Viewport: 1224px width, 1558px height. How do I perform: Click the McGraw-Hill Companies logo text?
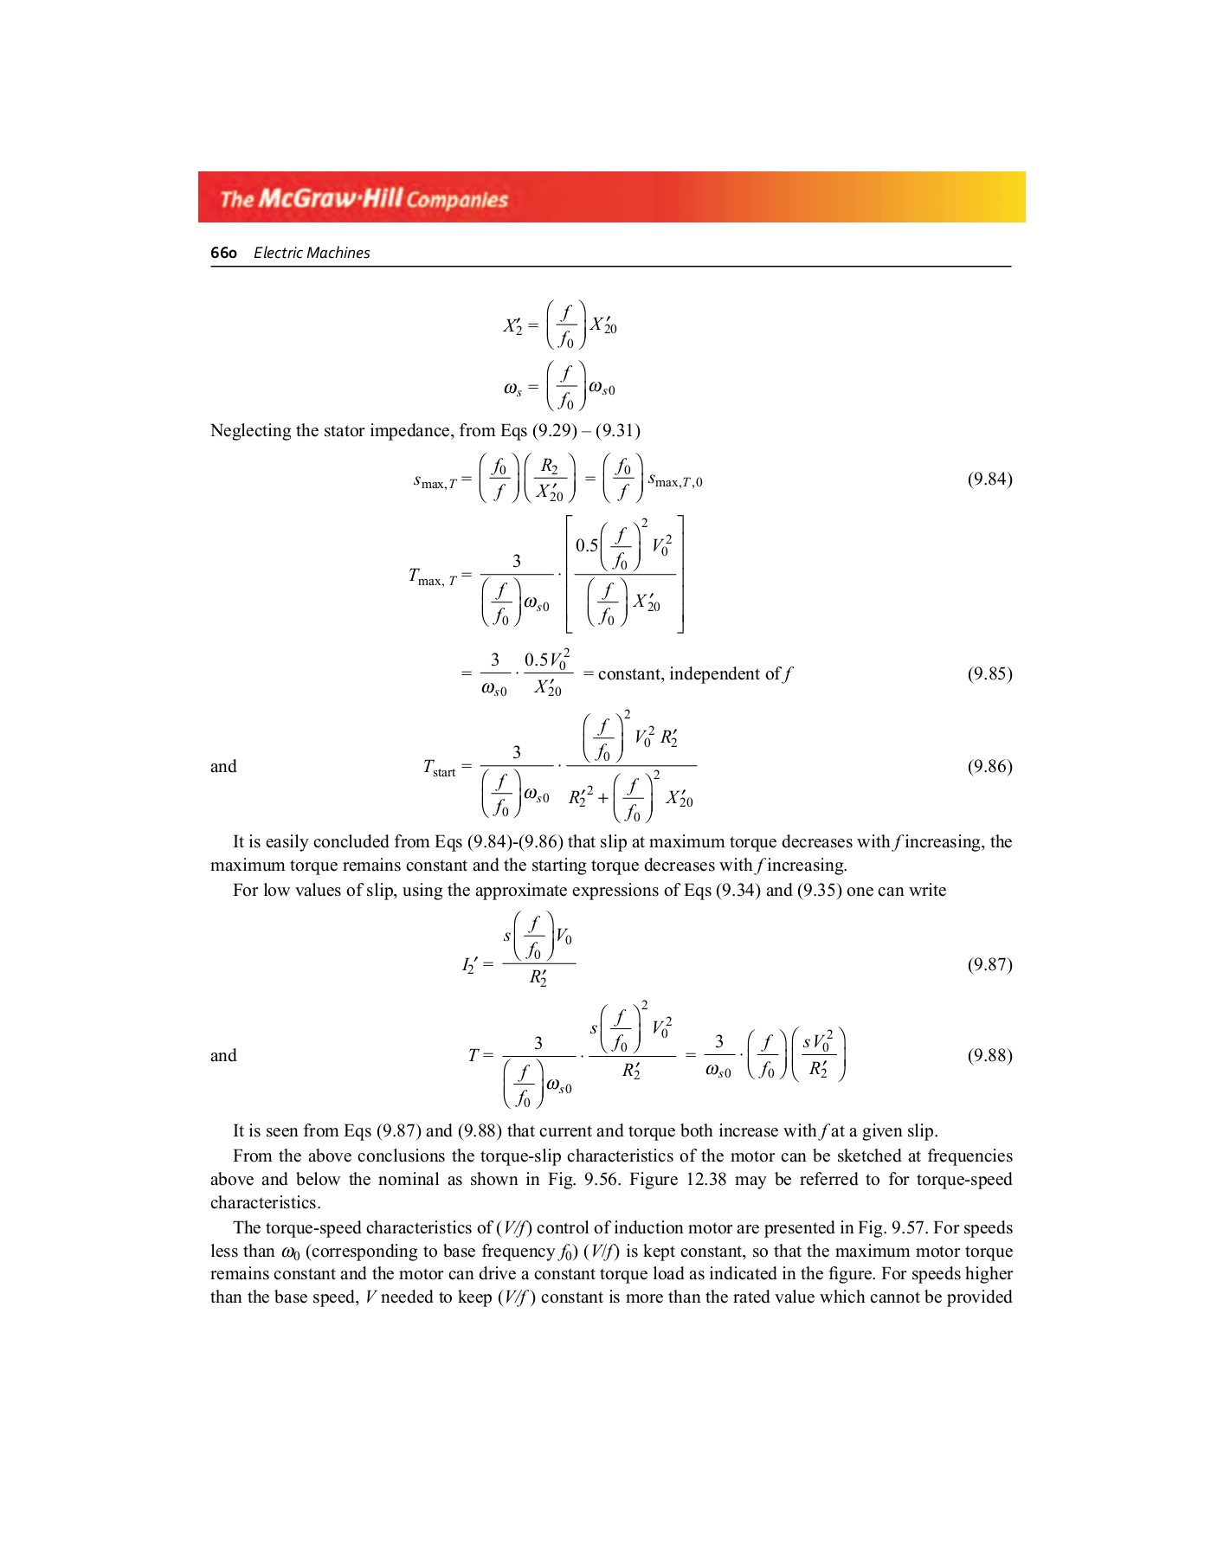(364, 198)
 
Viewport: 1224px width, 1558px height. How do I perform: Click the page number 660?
(223, 253)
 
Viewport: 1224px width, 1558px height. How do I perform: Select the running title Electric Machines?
(312, 253)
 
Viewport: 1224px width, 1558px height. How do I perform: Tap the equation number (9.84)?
(989, 479)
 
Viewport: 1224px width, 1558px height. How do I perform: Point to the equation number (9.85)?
(989, 673)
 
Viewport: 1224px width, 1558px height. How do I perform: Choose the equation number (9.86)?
(989, 766)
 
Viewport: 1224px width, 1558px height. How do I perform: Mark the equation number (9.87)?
(989, 964)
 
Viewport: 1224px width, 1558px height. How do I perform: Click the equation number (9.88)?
(989, 1055)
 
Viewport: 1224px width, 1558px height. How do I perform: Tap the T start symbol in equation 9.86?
(438, 768)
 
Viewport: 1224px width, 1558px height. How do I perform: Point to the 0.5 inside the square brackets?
(587, 545)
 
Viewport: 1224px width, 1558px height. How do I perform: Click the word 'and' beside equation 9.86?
(223, 766)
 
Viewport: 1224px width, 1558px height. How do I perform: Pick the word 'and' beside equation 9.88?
(223, 1055)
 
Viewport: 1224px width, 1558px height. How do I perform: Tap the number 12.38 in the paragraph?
(705, 1179)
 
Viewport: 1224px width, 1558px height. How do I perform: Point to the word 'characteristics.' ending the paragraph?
(265, 1202)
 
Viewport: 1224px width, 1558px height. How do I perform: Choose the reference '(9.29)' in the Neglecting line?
(554, 431)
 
